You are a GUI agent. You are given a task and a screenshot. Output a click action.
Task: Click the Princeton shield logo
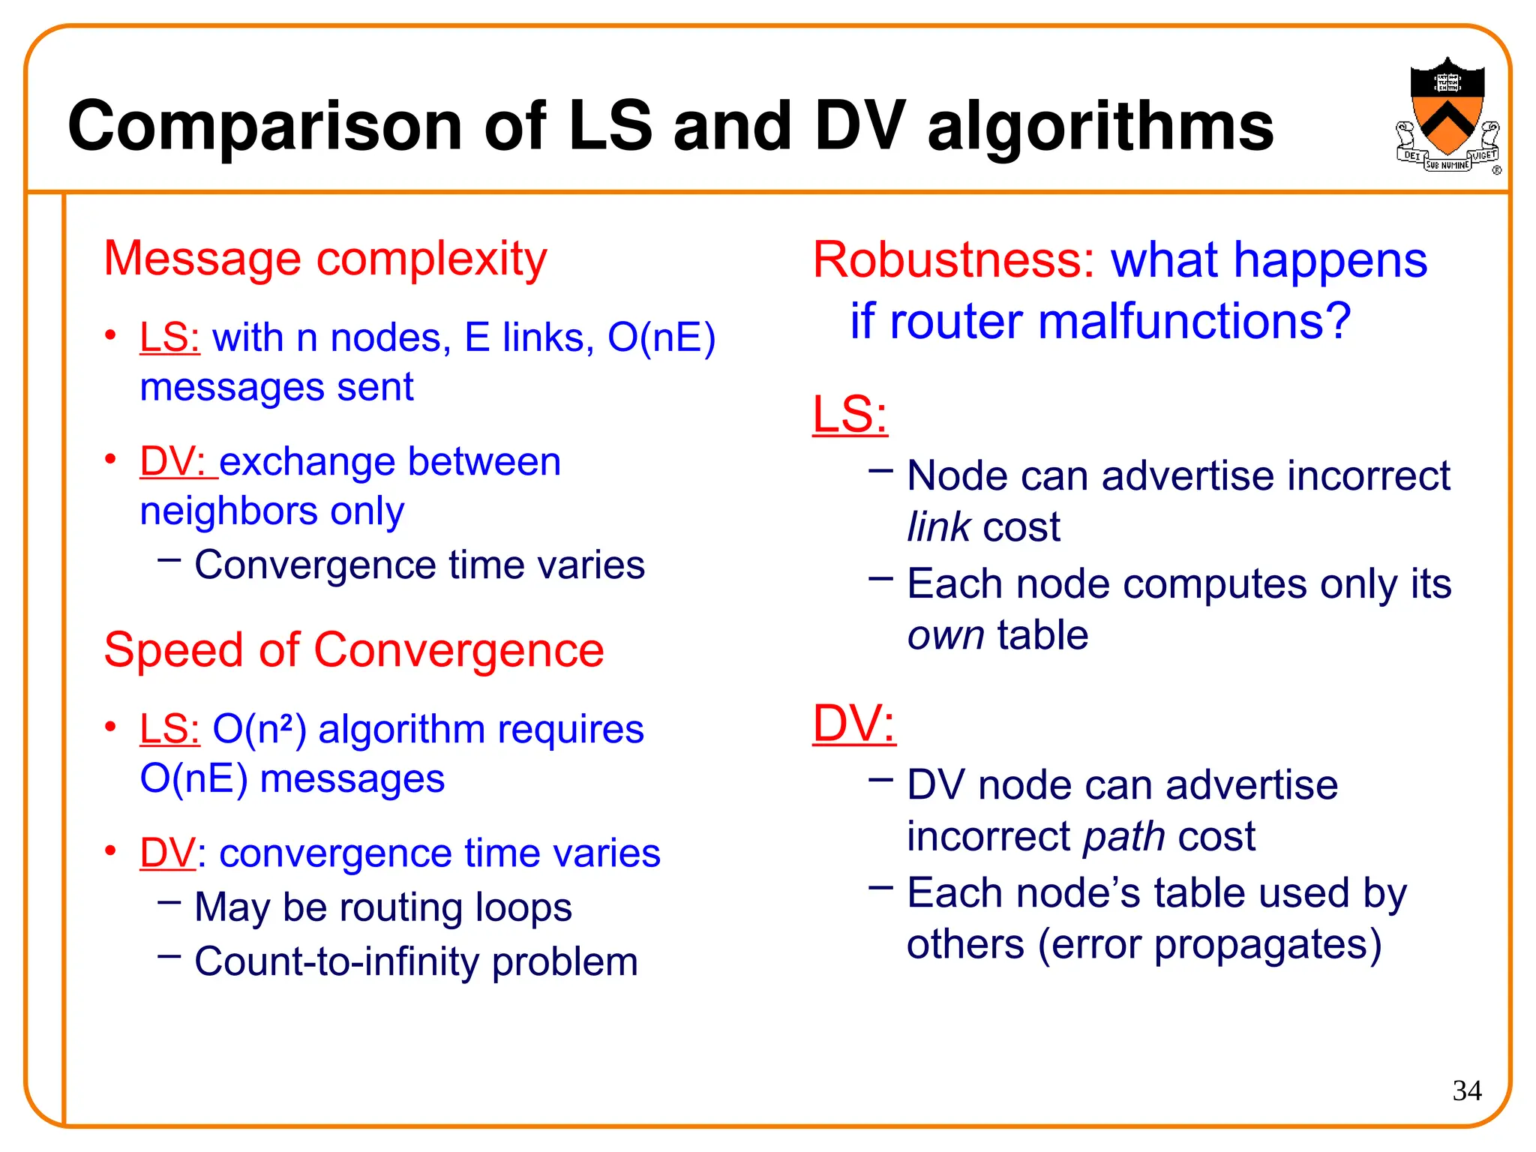(1447, 112)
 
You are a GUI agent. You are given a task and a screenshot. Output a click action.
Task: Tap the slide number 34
(1466, 1090)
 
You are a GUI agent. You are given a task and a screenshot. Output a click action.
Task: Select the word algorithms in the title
(1100, 126)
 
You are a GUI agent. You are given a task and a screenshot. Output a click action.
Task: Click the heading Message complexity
(325, 259)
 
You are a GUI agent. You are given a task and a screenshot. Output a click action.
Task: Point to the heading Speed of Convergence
(353, 649)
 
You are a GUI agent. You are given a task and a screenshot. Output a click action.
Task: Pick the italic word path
(1123, 836)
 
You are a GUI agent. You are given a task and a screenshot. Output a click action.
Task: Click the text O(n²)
(259, 730)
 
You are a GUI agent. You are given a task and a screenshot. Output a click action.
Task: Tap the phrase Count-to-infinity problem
(416, 961)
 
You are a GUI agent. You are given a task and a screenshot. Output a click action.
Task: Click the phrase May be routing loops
(383, 907)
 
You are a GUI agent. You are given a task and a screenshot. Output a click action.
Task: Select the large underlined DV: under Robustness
(853, 724)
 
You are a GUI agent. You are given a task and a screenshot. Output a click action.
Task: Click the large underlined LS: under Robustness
(850, 414)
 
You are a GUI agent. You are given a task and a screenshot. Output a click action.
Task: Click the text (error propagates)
(1209, 944)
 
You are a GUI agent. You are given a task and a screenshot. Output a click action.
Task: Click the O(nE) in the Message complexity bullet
(661, 337)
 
